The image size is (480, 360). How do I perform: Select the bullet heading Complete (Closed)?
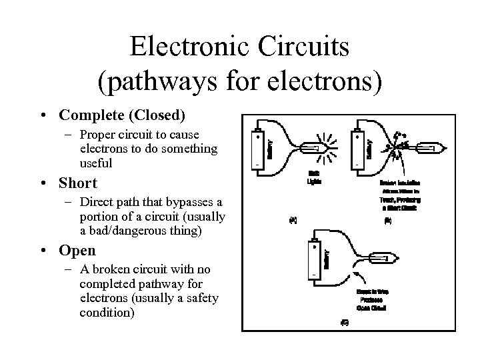click(121, 115)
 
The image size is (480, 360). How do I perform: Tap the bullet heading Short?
click(78, 183)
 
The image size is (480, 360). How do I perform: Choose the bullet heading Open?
click(77, 251)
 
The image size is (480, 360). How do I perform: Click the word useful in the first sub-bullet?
click(96, 163)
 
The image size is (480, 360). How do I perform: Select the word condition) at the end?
click(106, 313)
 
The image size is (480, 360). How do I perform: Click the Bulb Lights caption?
click(313, 177)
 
